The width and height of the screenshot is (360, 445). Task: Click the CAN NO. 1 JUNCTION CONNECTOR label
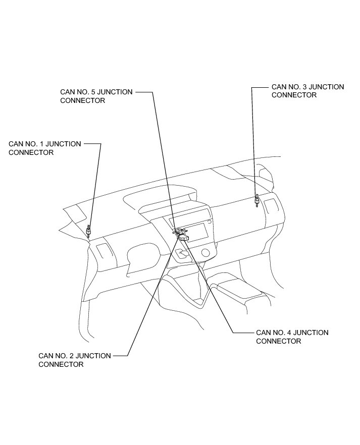[x=44, y=148]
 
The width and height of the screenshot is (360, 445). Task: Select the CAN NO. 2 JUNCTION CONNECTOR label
[x=74, y=360]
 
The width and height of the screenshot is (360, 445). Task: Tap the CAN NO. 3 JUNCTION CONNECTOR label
[x=307, y=91]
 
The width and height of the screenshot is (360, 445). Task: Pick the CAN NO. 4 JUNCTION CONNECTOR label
[x=292, y=337]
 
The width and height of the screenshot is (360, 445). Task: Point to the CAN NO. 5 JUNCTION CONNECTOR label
[x=96, y=96]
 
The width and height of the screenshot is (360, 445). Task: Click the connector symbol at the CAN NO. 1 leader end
[x=89, y=231]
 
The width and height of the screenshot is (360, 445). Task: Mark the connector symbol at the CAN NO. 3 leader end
[x=257, y=201]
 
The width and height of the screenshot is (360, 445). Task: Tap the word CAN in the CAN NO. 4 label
[x=264, y=332]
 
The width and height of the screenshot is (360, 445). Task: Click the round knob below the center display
[x=205, y=252]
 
